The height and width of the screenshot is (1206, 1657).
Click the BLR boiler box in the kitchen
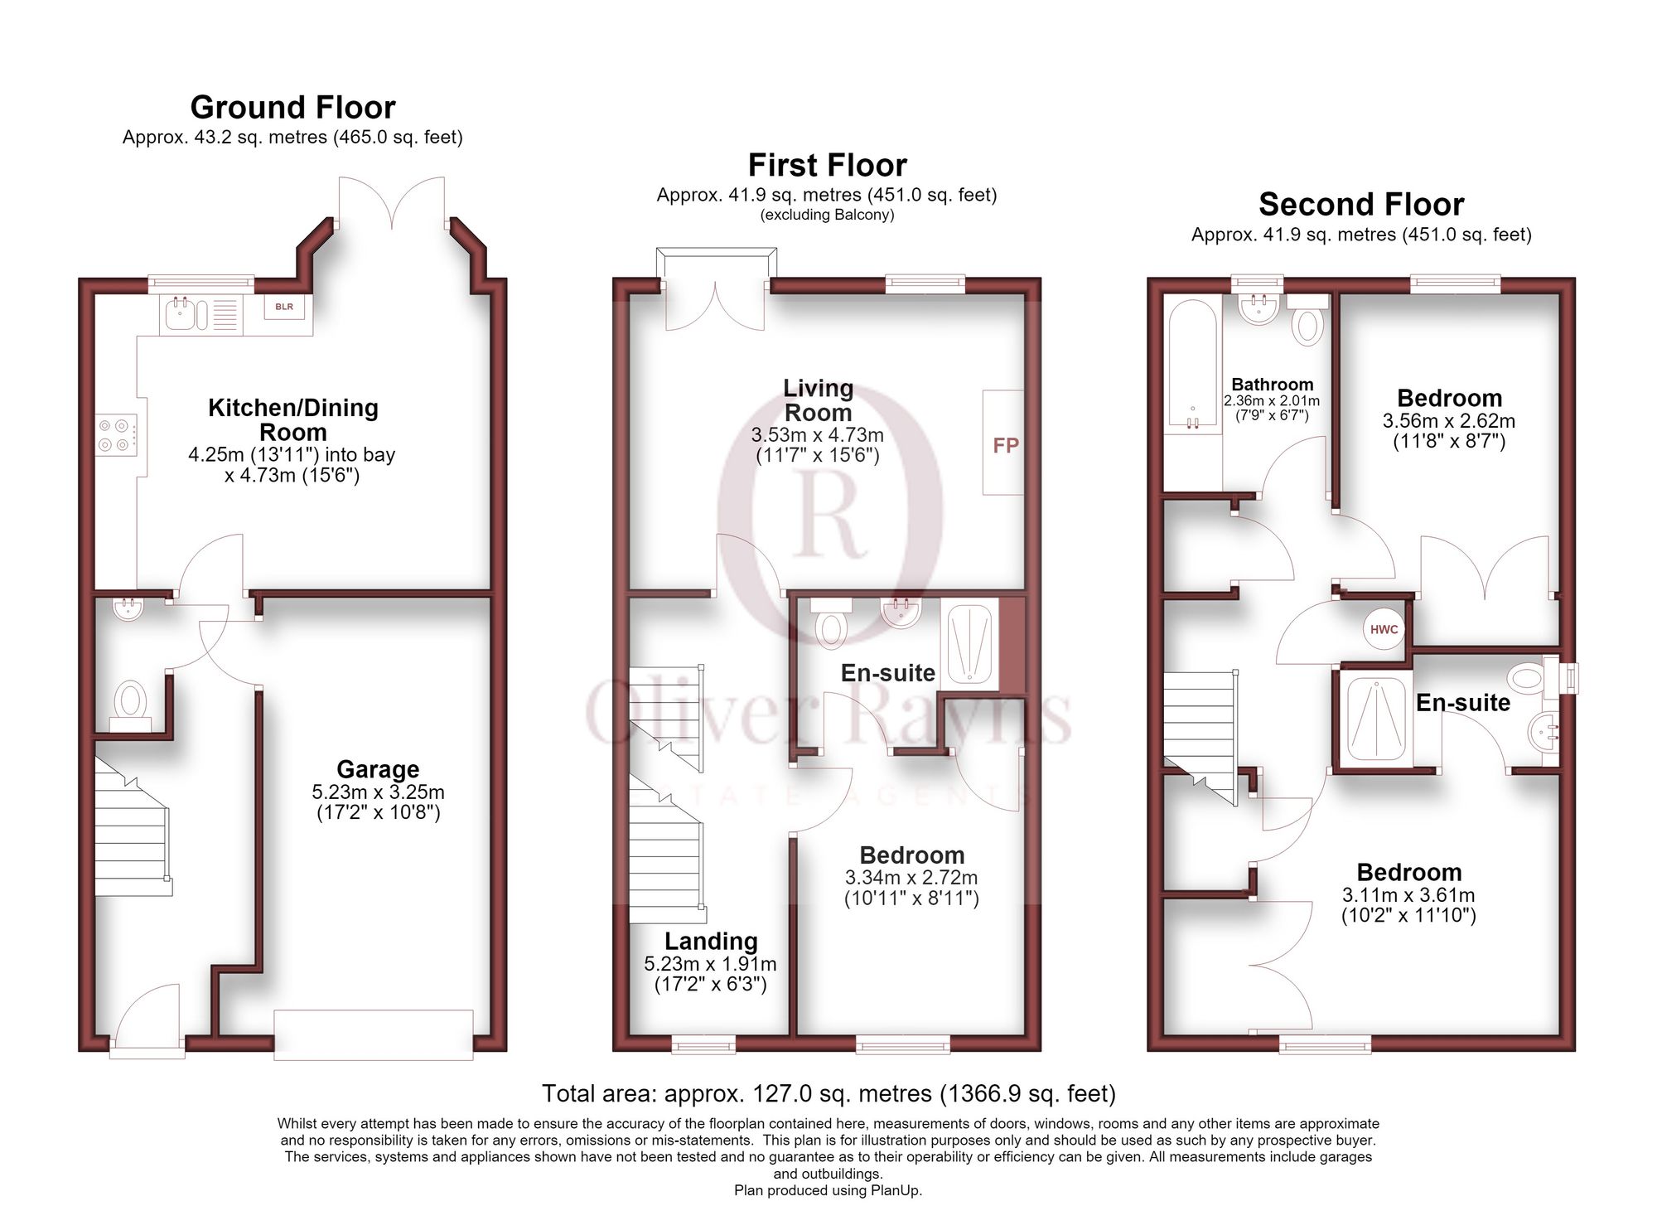pos(284,307)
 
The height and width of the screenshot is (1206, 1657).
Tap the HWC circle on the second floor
pos(1384,629)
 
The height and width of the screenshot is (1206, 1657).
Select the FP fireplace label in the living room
pos(1006,446)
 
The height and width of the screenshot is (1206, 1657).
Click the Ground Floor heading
pos(292,108)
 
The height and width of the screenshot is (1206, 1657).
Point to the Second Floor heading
pos(1361,204)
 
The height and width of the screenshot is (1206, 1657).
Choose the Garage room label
pos(378,769)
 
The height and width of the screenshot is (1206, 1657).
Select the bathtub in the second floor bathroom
pos(1193,366)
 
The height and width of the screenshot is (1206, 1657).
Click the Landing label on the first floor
pos(711,941)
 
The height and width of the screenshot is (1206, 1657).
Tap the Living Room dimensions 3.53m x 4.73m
pos(817,435)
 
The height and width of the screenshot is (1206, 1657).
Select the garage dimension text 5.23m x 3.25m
pos(378,792)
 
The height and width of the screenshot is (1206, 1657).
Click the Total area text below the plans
pos(828,1094)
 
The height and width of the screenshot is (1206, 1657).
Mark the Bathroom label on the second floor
pos(1272,385)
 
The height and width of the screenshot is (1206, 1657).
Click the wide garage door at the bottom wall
pos(374,1034)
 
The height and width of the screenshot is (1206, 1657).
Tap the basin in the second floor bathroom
pos(1258,309)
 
